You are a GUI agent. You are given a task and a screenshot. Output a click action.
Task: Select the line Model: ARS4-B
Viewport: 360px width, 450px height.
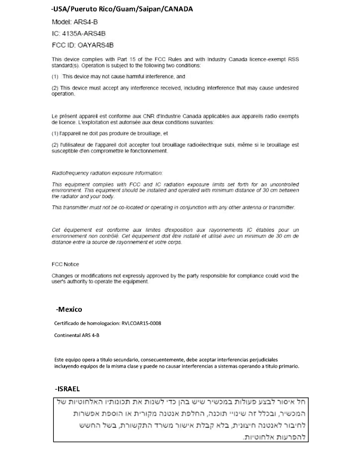(x=74, y=22)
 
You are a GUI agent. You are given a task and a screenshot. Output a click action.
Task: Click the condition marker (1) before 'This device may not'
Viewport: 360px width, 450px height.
(x=55, y=77)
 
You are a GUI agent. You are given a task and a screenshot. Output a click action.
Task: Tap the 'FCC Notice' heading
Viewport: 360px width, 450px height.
(x=65, y=264)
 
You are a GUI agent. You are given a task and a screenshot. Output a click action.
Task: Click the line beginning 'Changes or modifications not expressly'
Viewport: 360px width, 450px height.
(x=175, y=276)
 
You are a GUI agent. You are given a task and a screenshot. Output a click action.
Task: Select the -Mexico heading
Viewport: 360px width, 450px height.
(x=69, y=310)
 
